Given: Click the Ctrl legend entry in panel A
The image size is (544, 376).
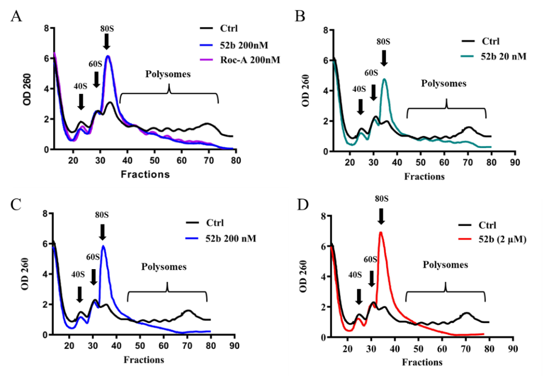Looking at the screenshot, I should coord(229,28).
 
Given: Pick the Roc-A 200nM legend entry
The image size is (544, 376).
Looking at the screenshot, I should coord(249,59).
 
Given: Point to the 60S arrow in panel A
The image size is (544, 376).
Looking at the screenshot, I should coord(96,79).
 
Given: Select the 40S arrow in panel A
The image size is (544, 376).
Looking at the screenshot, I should coord(81,101).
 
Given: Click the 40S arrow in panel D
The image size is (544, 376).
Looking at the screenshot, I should coord(359,296).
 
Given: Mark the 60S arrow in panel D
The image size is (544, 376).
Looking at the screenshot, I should coord(372,278).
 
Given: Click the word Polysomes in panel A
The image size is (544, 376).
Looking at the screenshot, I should coord(168,74).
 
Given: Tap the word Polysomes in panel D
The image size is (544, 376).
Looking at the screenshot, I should coord(445,265).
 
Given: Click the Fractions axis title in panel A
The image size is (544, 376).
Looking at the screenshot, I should coord(145,174).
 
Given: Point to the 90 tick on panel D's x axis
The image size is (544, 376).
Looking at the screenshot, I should coord(513,348).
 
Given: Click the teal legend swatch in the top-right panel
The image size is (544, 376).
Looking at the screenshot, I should coord(467,56).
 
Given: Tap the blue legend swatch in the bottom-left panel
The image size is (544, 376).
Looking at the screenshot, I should coord(192,238).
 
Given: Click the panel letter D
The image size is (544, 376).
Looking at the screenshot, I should coord(303,205).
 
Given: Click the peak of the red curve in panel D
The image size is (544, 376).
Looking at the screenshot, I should coord(381,232).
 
